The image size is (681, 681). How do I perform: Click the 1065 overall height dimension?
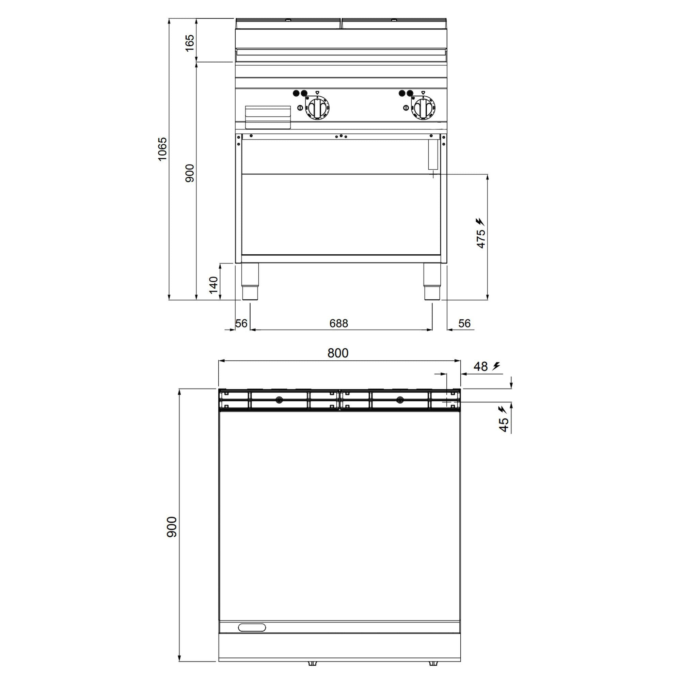162,149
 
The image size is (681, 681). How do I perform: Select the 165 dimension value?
190,43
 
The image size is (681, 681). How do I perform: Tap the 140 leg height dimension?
213,285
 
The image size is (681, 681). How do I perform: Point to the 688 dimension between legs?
338,323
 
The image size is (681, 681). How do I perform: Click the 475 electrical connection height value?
481,239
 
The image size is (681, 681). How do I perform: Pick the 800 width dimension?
338,353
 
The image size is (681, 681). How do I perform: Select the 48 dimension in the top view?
480,367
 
